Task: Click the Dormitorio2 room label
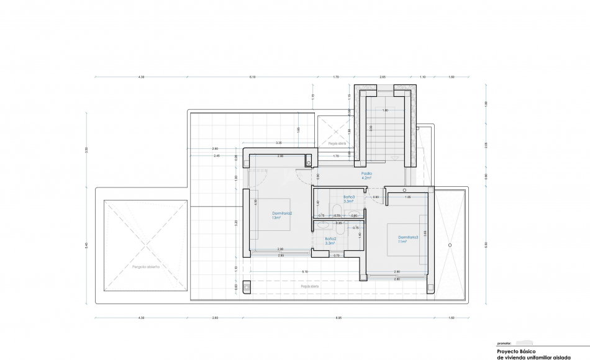pyautogui.click(x=281, y=215)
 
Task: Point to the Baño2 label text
pyautogui.click(x=330, y=240)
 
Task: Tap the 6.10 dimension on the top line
pyautogui.click(x=252, y=77)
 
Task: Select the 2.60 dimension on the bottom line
pyautogui.click(x=215, y=318)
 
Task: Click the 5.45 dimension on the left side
pyautogui.click(x=87, y=245)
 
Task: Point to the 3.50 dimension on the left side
pyautogui.click(x=87, y=149)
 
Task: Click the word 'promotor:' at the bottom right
pyautogui.click(x=504, y=343)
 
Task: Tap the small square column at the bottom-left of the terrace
pyautogui.click(x=247, y=287)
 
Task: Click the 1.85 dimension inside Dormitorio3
pyautogui.click(x=407, y=197)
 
